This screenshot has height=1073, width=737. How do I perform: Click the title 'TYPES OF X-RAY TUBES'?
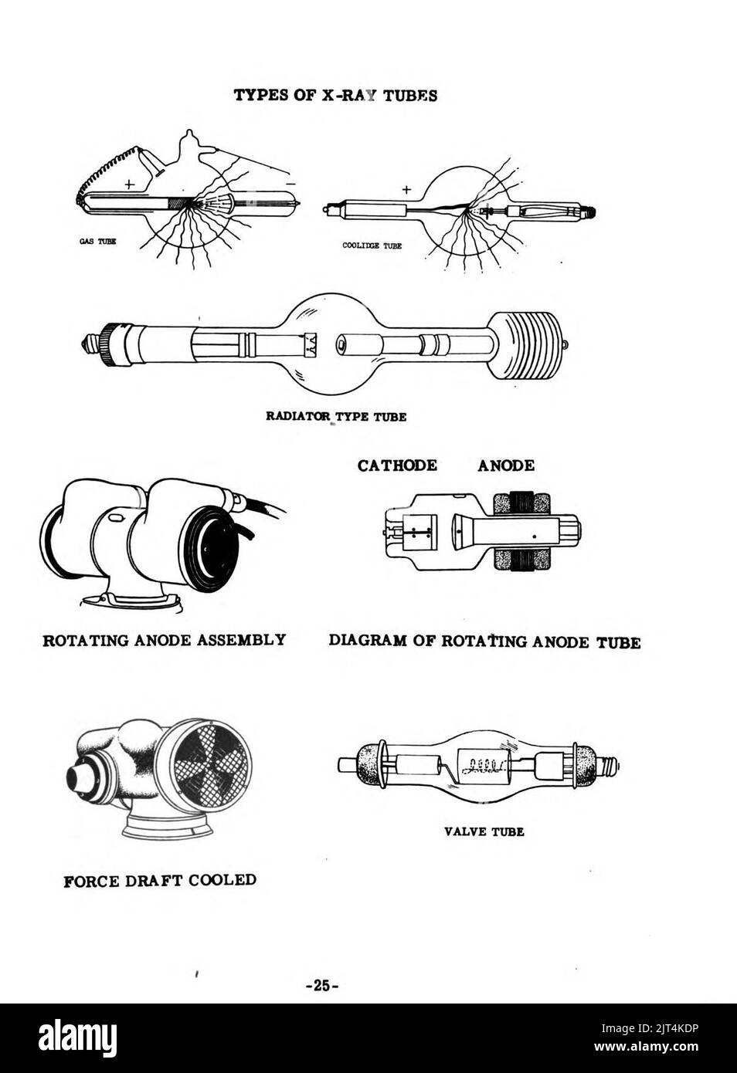tap(335, 96)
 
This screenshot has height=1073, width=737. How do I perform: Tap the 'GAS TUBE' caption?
tap(98, 242)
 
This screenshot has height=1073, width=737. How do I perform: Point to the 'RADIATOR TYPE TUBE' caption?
tap(336, 416)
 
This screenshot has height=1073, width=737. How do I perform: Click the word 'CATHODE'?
tap(396, 465)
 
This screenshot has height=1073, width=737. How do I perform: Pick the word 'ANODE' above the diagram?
tap(505, 465)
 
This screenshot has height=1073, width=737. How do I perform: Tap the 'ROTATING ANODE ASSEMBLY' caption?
tap(164, 640)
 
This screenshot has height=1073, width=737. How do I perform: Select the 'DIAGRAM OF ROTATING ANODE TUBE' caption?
tap(484, 641)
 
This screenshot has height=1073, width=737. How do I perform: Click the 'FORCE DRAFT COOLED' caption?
tap(160, 880)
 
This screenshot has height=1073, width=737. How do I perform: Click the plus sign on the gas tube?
tap(129, 184)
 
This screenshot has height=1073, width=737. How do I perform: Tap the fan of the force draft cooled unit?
tap(210, 760)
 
